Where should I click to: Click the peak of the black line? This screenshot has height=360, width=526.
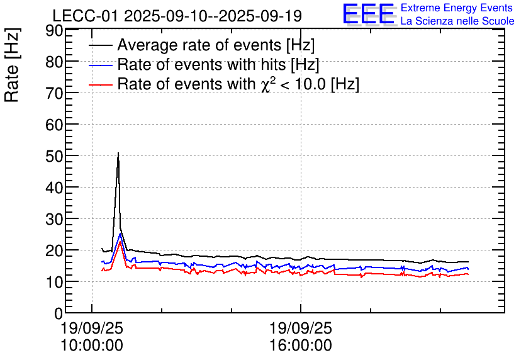click(x=118, y=153)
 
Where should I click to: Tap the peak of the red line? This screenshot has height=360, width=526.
click(x=120, y=242)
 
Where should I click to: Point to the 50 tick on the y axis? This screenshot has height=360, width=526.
click(x=66, y=155)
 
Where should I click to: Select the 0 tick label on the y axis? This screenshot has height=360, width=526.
click(x=59, y=313)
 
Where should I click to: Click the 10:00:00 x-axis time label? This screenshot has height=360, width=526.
click(x=92, y=345)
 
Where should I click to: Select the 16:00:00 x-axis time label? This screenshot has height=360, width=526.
click(x=300, y=345)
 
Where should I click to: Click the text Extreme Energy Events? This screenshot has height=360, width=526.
click(x=457, y=8)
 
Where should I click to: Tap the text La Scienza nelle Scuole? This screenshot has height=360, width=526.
click(x=457, y=21)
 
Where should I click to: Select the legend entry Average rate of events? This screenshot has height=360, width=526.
click(x=216, y=45)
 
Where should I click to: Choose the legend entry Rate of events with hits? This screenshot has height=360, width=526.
click(x=218, y=65)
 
